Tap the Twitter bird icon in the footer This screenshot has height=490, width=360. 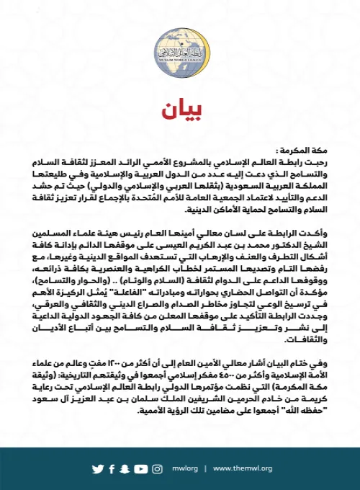tap(97, 468)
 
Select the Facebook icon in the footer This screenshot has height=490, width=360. tap(112, 468)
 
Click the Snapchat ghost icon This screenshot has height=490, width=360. tap(125, 468)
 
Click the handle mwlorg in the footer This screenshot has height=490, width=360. tap(186, 468)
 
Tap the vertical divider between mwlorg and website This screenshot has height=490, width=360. tap(206, 468)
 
